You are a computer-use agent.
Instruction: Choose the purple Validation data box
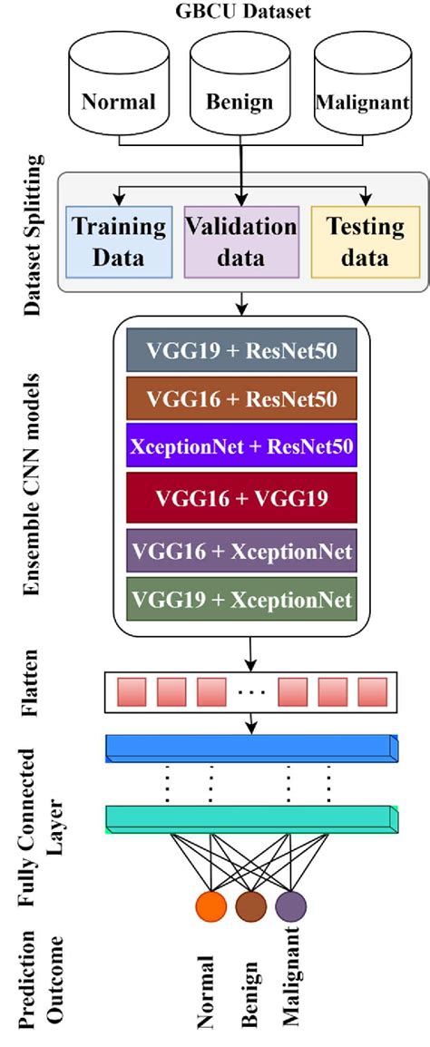[240, 241]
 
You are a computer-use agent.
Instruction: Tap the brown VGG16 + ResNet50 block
[240, 399]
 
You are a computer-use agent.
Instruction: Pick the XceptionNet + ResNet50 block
[240, 448]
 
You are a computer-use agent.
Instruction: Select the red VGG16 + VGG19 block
[240, 498]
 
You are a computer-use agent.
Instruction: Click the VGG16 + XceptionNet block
[240, 550]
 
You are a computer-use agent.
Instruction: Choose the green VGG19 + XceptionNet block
[240, 600]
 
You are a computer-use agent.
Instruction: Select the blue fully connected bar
[251, 748]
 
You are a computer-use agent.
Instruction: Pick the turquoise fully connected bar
[251, 819]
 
